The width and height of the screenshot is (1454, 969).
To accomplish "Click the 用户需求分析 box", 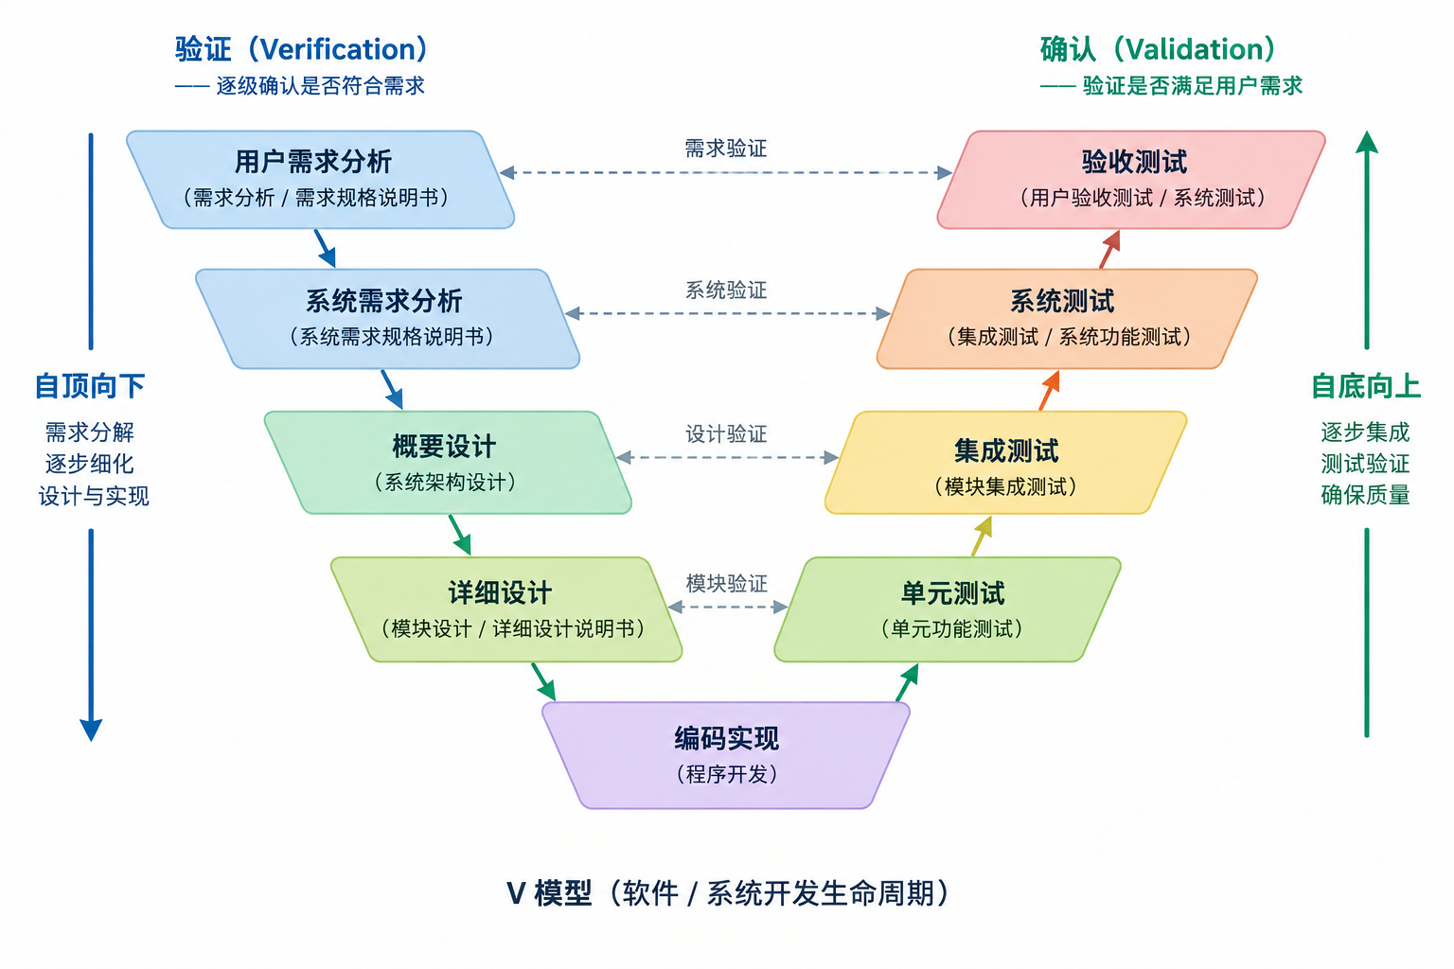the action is [321, 180].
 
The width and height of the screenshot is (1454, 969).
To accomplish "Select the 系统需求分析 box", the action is [387, 319].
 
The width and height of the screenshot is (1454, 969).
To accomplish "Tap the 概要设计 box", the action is [448, 462].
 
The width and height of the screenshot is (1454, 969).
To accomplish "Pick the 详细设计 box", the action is [506, 609].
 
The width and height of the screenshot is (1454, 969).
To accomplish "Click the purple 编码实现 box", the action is [726, 755].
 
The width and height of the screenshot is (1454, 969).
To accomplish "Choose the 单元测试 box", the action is [948, 609].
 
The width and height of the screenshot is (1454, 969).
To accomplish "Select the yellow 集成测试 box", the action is [1006, 462].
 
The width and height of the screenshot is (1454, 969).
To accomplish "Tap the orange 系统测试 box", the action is [1067, 319].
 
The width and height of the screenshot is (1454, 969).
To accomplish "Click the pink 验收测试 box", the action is [1131, 180].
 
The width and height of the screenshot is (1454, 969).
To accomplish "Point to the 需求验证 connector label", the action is [726, 149].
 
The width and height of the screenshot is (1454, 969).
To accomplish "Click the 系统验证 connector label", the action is [726, 291].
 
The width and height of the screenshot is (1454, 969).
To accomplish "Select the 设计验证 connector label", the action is [726, 433].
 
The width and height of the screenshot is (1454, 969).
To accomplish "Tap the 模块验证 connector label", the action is [726, 584].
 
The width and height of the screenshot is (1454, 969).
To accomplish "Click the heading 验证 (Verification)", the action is [301, 49].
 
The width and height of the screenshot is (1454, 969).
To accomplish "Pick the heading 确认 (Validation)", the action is [1159, 49].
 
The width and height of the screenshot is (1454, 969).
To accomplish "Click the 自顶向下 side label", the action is [90, 386].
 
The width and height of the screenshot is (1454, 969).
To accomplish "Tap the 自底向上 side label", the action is [1366, 386].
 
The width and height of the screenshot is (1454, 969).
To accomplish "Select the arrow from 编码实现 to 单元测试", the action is [908, 682].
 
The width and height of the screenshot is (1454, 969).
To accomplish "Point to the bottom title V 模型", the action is [726, 893].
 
